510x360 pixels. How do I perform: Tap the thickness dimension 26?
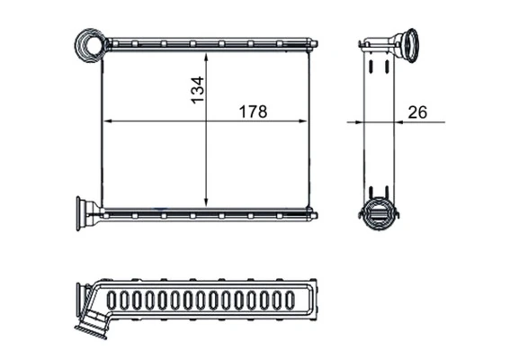pyautogui.click(x=417, y=112)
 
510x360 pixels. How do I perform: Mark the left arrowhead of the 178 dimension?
pyautogui.click(x=107, y=121)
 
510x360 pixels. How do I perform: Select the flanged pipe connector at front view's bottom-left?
pyautogui.click(x=88, y=214)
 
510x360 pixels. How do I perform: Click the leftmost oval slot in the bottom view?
pyautogui.click(x=112, y=301)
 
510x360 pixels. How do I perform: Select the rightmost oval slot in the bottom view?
pyautogui.click(x=302, y=301)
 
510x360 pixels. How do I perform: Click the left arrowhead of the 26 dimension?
pyautogui.click(x=362, y=121)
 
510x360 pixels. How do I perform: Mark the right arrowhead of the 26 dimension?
pyautogui.click(x=396, y=121)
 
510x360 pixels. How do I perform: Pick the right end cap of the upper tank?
pyautogui.click(x=314, y=42)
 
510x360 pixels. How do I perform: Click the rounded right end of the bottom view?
pyautogui.click(x=317, y=301)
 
